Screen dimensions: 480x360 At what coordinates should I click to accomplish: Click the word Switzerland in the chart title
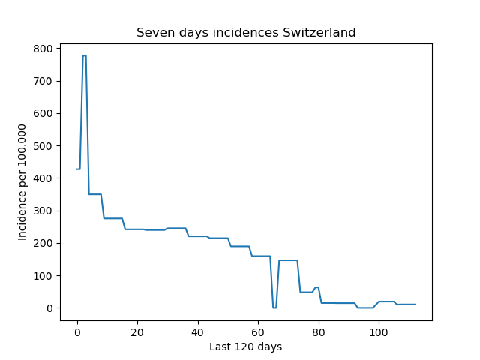319,32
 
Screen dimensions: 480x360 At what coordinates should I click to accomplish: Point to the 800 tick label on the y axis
43,49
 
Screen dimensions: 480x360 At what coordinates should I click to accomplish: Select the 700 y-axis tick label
43,81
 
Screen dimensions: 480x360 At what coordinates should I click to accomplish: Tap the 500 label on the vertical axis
43,146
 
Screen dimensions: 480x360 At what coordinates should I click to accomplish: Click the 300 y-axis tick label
43,211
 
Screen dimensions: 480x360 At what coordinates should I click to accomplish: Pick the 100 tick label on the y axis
43,276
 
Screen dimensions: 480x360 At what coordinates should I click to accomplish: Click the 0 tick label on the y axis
49,308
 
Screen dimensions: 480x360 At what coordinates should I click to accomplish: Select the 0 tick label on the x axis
77,332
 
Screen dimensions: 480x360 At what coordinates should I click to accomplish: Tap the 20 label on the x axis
137,332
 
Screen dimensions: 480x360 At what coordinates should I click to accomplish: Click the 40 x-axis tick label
197,332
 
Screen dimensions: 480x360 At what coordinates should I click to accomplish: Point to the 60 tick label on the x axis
258,332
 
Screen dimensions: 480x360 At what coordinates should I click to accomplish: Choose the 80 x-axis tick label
318,332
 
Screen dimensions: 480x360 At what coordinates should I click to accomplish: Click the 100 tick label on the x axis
379,332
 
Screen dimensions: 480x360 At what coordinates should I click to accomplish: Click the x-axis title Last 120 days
246,346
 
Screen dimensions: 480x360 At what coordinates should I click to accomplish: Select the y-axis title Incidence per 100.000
22,182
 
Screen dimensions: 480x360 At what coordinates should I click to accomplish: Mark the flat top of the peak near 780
85,55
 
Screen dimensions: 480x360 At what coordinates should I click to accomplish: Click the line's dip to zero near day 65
274,307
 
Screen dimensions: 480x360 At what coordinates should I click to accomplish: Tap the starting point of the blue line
76,169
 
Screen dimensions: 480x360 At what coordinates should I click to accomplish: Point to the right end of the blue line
415,304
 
